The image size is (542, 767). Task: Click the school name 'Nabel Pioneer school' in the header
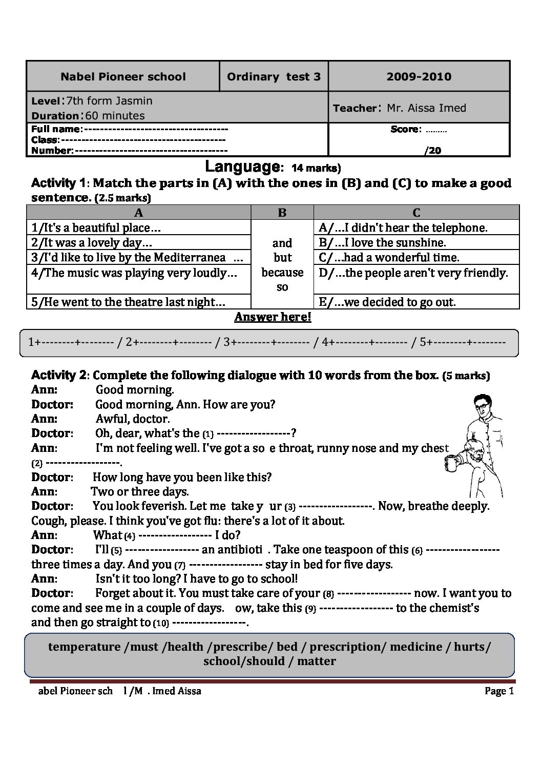click(123, 77)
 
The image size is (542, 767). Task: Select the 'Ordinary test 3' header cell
click(274, 77)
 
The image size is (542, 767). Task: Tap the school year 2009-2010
click(419, 77)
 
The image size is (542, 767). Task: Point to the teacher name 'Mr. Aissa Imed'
click(426, 108)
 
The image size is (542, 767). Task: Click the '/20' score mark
click(433, 150)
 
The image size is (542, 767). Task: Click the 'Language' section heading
click(241, 167)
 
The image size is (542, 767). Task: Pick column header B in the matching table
click(282, 213)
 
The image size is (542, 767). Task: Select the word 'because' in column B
click(282, 273)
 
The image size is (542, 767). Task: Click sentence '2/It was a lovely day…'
click(92, 243)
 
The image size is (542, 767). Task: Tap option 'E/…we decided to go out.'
click(387, 302)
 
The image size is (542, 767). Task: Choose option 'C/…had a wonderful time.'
click(389, 258)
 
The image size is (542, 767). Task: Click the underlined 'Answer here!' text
click(273, 317)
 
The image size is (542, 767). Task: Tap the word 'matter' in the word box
click(316, 661)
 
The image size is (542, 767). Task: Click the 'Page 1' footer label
click(499, 691)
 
